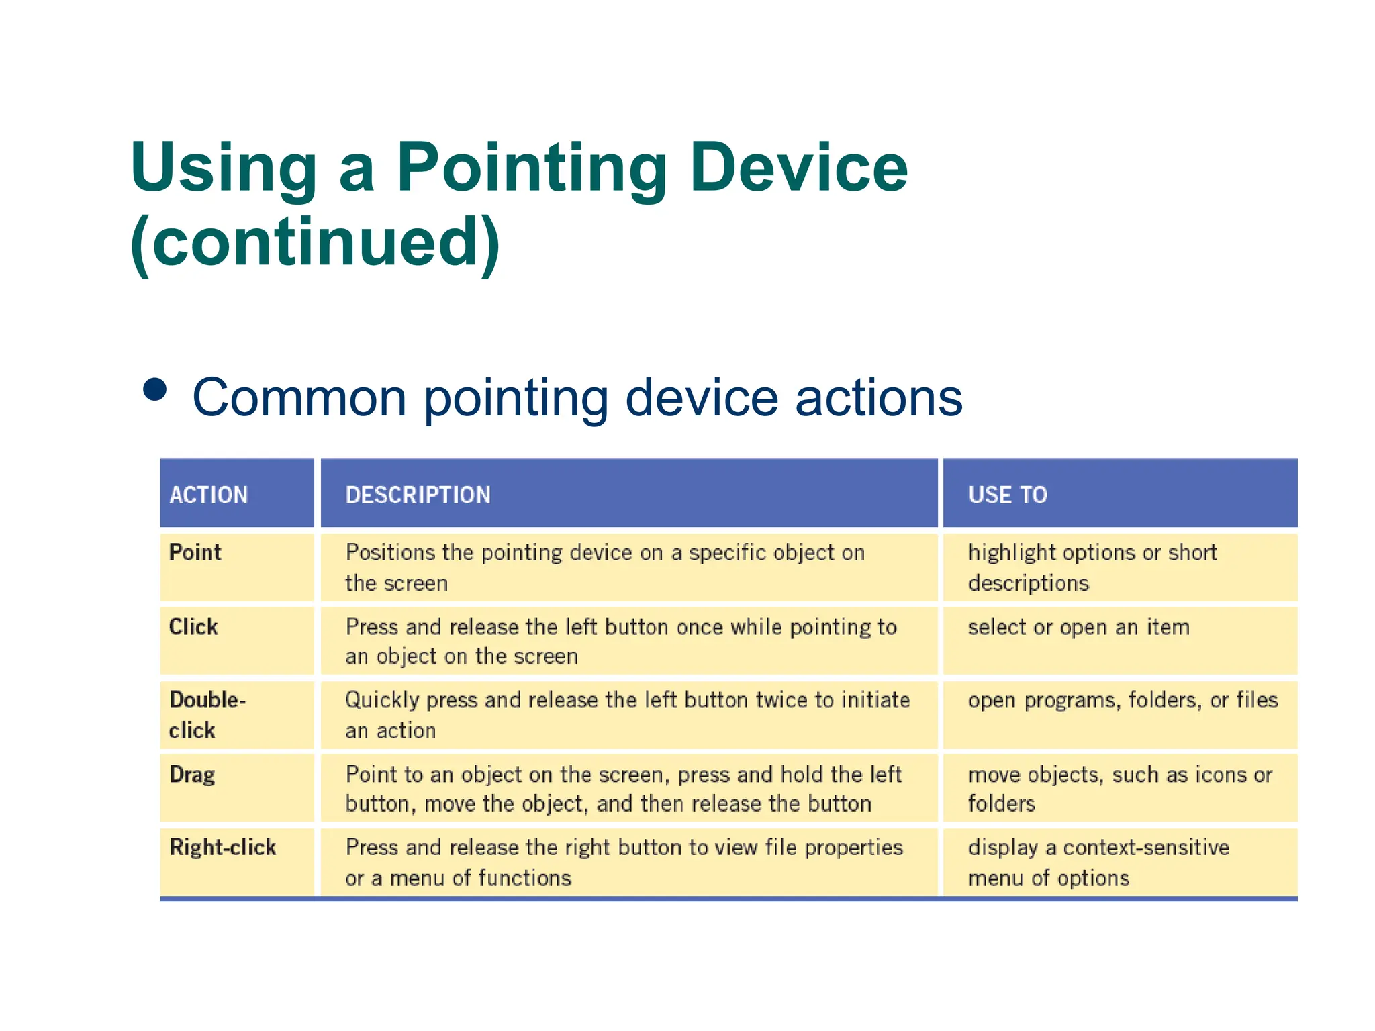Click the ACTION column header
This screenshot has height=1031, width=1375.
point(209,495)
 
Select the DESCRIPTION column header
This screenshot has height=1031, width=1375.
point(418,495)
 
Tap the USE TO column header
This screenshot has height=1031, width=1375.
point(1007,495)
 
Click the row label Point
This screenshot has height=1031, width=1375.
point(195,552)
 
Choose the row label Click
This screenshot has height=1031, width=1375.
point(193,626)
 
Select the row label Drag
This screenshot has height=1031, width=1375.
point(192,775)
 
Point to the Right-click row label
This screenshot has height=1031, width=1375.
point(223,847)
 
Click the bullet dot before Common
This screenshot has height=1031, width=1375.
point(155,390)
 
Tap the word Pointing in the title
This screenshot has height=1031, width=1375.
point(530,168)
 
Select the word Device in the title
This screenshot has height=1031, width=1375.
point(798,168)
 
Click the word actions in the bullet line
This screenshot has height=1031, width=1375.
point(879,397)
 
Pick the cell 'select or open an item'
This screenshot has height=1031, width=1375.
point(1078,627)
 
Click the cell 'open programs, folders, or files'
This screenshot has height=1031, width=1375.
point(1123,700)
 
